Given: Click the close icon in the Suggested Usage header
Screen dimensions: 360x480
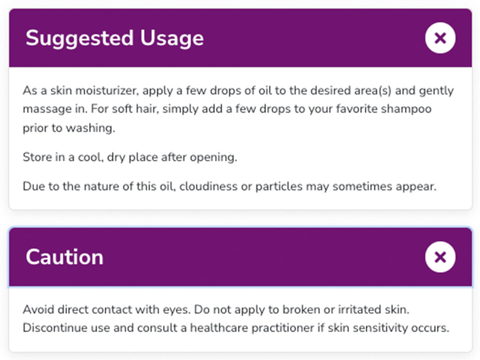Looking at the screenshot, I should [x=440, y=38].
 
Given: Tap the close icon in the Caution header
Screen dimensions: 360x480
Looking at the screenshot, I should [x=440, y=257].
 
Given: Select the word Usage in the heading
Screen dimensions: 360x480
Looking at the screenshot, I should [x=172, y=38].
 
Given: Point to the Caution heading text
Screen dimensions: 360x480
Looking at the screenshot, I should [x=64, y=257].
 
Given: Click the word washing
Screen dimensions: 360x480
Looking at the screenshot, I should [x=98, y=128].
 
